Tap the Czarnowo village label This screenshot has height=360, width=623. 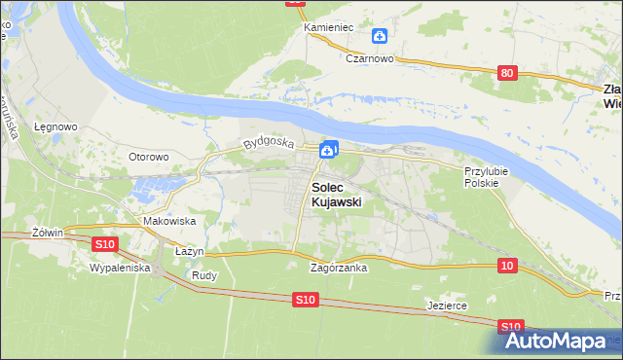[369, 57]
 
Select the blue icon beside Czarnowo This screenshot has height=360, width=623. [380, 37]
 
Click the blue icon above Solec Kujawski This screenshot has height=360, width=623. [330, 149]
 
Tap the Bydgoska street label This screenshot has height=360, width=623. [269, 142]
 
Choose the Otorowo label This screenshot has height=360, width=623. [150, 156]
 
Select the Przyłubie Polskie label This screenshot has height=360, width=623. [482, 176]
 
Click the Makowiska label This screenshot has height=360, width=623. [169, 221]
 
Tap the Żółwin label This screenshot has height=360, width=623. [47, 233]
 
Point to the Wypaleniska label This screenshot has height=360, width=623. [119, 267]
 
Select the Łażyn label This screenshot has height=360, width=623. [189, 251]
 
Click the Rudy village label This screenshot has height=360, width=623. [204, 275]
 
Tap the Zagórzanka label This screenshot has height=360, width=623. [338, 268]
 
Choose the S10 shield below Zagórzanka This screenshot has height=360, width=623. [305, 302]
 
